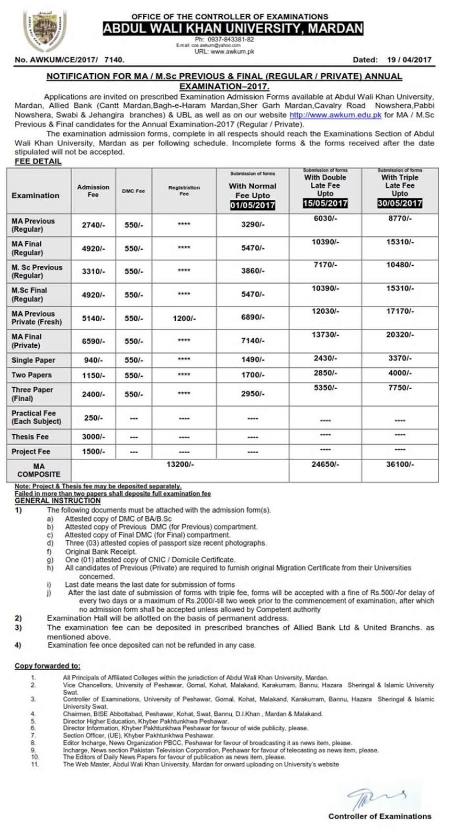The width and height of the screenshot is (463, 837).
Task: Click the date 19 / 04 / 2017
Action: tap(409, 60)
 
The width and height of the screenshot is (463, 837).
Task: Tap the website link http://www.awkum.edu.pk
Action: tap(335, 115)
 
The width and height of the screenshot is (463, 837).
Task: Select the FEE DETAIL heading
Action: tap(38, 161)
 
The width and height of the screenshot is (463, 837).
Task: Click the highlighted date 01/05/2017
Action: tap(252, 205)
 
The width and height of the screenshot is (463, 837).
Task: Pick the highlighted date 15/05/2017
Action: tap(325, 203)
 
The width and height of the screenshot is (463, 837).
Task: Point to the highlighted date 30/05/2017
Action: tap(400, 203)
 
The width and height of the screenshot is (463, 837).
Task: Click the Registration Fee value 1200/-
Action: tap(184, 318)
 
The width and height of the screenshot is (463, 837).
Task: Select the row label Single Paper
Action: tap(33, 360)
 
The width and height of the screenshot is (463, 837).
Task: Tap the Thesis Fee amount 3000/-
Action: tap(93, 436)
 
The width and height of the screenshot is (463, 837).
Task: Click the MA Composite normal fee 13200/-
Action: tap(180, 464)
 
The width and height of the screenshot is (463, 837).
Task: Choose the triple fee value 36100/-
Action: tap(400, 464)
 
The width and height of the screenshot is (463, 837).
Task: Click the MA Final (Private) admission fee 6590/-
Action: tap(93, 341)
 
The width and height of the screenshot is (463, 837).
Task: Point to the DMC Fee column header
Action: tap(133, 191)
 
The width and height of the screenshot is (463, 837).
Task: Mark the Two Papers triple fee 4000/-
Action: tap(400, 373)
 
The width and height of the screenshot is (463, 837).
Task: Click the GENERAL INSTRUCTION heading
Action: tap(58, 501)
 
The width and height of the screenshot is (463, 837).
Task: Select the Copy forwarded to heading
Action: tap(48, 666)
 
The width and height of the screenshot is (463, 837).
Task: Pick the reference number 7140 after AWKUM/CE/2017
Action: tap(115, 60)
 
